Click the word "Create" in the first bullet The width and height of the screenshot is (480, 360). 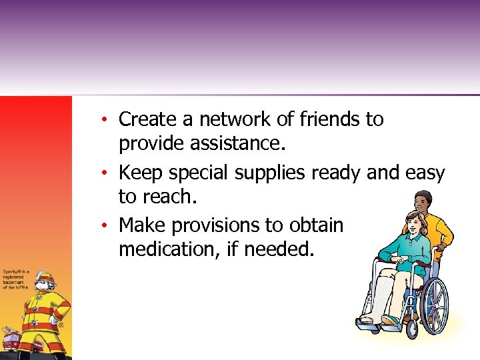click(148, 119)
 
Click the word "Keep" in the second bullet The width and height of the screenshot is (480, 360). click(141, 173)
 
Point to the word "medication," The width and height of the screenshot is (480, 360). click(177, 250)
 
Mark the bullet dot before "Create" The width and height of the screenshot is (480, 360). click(105, 121)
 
